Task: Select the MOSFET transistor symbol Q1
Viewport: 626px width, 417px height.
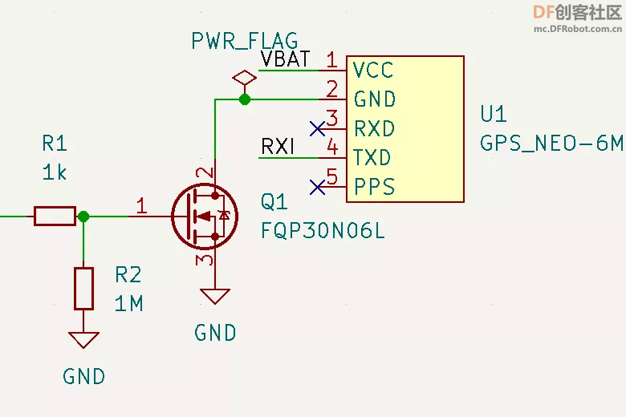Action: point(205,217)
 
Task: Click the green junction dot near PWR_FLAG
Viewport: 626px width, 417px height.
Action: point(244,99)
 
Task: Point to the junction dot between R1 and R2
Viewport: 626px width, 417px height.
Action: point(83,217)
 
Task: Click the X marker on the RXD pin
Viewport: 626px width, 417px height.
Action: point(317,129)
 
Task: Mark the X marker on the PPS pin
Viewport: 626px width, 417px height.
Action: point(317,187)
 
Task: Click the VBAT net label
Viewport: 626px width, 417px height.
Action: point(286,59)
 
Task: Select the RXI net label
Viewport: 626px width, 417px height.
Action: point(278,147)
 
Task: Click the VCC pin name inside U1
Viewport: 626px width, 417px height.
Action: point(373,71)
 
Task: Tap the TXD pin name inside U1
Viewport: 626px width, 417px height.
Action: point(372,158)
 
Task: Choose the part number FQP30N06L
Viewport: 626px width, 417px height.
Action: point(323,231)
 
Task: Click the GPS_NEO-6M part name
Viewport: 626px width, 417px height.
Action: point(551,143)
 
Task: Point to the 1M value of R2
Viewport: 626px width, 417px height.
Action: point(128,304)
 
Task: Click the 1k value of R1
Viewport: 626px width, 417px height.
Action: point(55,172)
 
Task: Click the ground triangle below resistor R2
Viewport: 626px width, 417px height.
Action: point(83,340)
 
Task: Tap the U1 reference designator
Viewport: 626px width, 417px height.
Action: point(494,114)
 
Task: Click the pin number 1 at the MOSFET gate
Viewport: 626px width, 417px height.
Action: point(142,206)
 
